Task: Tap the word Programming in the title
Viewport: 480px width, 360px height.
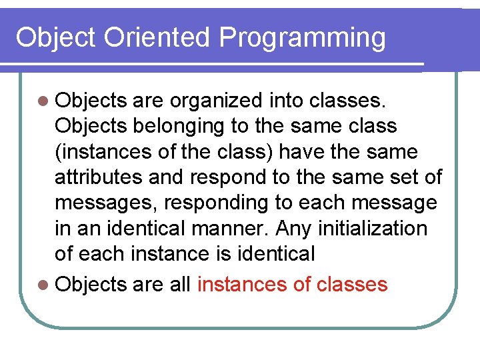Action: [303, 38]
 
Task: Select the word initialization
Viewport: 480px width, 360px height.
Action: [374, 228]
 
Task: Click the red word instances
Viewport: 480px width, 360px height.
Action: [242, 285]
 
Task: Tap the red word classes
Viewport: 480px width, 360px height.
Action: [351, 285]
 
